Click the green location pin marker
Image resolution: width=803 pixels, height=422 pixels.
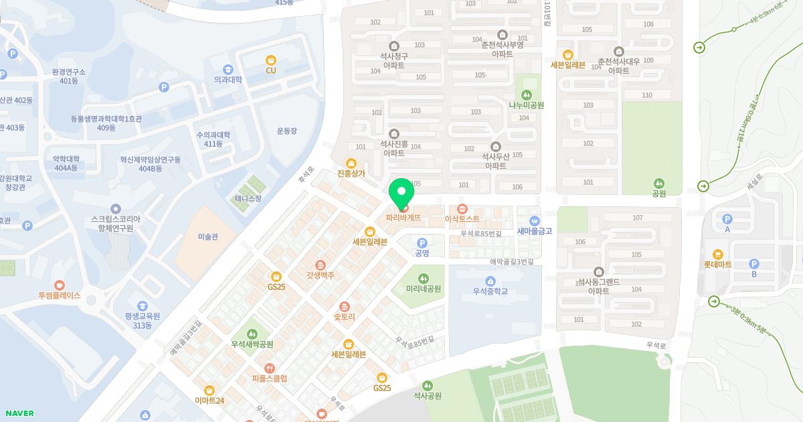tap(401, 194)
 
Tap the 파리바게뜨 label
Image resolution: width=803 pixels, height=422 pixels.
tap(404, 218)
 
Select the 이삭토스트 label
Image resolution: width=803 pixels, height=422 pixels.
tap(462, 218)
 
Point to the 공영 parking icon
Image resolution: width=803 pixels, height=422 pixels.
tap(422, 243)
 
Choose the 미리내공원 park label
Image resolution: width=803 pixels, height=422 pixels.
tap(423, 289)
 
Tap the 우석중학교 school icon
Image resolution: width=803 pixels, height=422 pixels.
tap(490, 281)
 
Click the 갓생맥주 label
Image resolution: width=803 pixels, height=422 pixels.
tap(321, 275)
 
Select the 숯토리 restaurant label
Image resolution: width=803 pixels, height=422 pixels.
tap(344, 316)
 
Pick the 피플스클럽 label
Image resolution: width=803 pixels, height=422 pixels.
tap(269, 378)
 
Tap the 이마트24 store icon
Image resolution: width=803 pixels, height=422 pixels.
tap(209, 390)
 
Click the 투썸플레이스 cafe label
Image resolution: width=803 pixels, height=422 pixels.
tap(59, 295)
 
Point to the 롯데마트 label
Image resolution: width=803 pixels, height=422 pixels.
tap(717, 265)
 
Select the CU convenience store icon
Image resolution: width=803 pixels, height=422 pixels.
tap(270, 60)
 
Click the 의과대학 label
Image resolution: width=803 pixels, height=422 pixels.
tap(228, 80)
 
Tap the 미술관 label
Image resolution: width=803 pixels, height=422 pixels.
tap(208, 236)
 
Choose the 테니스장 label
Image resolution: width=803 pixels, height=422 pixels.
tap(248, 198)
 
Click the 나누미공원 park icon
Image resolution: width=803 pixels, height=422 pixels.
tap(526, 94)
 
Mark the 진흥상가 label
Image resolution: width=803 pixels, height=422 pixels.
tap(351, 173)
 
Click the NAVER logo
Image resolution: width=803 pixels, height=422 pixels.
tap(19, 413)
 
